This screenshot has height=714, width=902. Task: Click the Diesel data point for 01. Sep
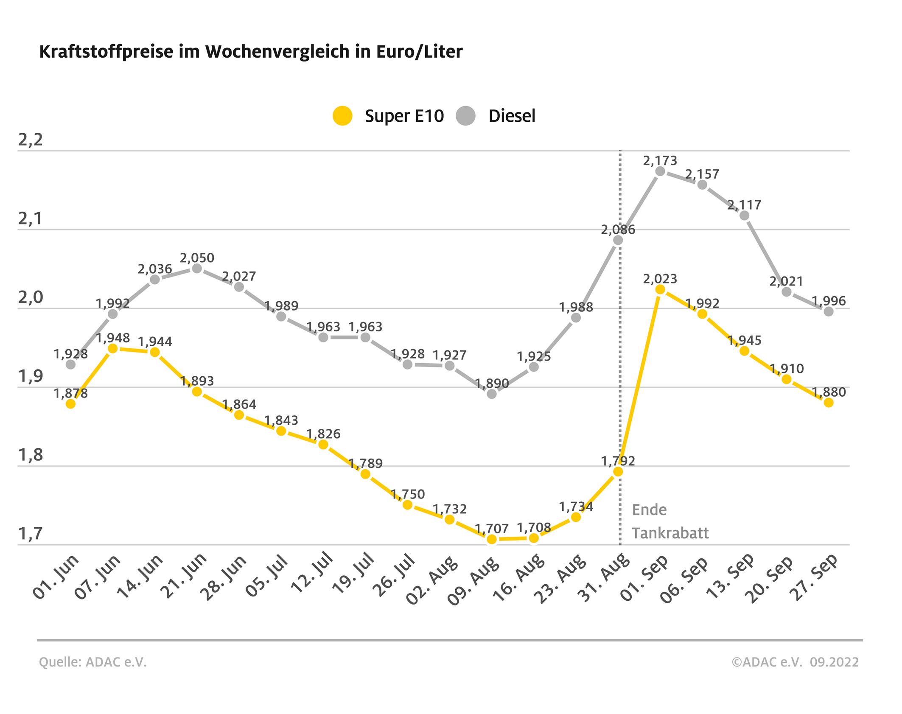(660, 171)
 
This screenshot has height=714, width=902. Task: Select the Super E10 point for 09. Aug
(492, 539)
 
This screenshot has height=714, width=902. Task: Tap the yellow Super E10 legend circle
(342, 116)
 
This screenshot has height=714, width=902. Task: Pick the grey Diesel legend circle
(465, 116)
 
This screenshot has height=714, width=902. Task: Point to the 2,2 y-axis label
(31, 140)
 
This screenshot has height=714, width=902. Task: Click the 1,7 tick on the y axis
(31, 534)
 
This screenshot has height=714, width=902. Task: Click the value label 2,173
(660, 161)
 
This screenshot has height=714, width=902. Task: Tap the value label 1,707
(492, 529)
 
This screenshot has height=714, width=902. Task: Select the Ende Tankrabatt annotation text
(670, 521)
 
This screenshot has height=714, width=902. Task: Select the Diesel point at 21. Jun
(197, 269)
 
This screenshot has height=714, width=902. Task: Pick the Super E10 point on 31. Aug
(618, 472)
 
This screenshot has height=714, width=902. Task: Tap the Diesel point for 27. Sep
(828, 311)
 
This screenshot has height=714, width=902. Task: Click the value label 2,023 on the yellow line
(660, 279)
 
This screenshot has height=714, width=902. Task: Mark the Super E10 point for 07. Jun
(113, 348)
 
